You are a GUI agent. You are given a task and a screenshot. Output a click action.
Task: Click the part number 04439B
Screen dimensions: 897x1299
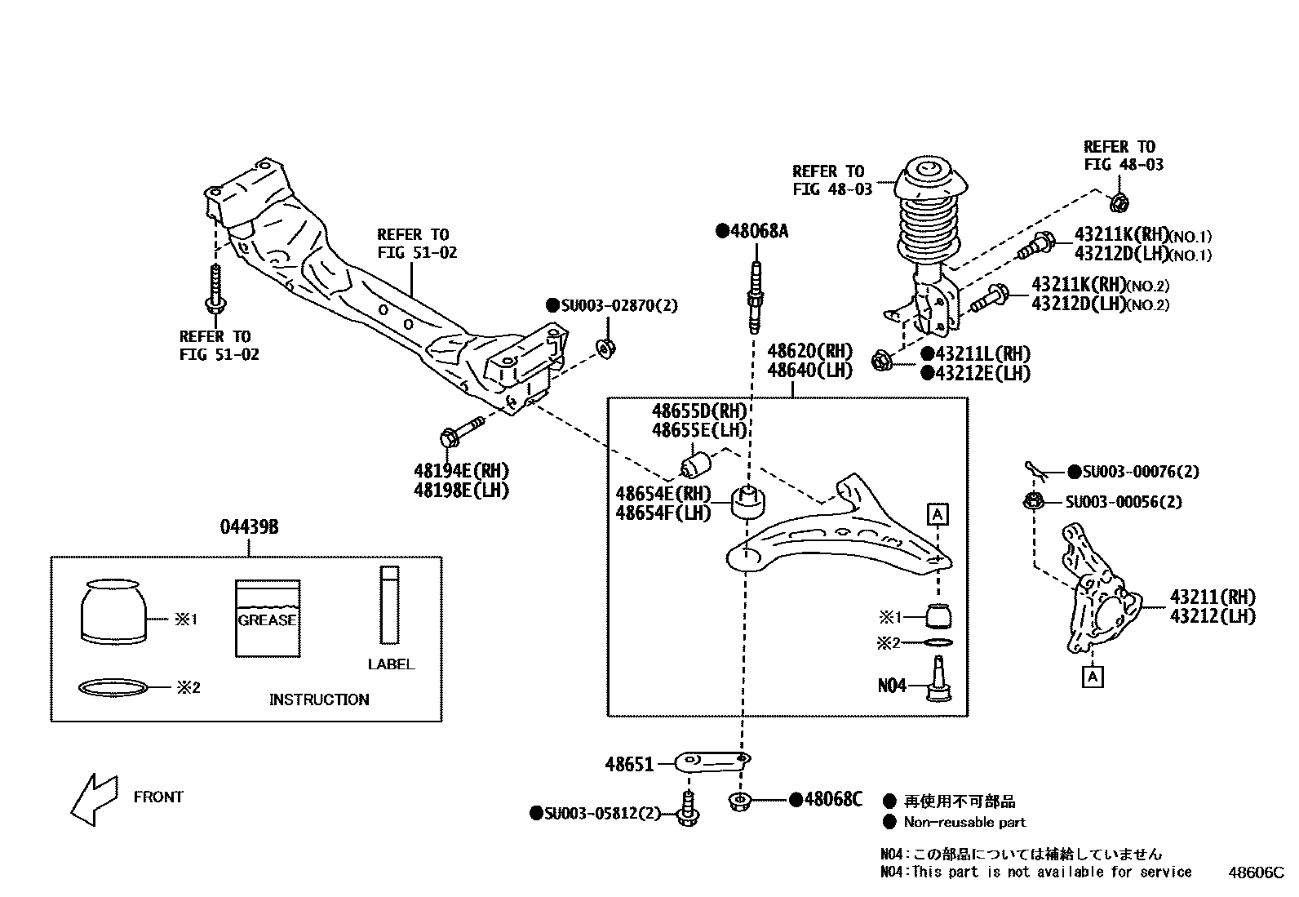[x=249, y=527]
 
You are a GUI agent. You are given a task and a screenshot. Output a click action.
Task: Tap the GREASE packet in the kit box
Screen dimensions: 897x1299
[x=267, y=618]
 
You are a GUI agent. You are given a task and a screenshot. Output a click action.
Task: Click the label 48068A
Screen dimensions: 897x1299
[x=752, y=231]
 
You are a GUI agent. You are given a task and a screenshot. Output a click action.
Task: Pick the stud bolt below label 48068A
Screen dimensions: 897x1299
[x=756, y=297]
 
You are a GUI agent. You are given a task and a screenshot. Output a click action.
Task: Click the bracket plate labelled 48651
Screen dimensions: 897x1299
[x=712, y=762]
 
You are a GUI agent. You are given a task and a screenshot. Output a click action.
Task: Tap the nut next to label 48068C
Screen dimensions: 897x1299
[x=739, y=801]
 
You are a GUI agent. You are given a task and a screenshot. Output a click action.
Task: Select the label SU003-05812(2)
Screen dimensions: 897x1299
[x=595, y=813]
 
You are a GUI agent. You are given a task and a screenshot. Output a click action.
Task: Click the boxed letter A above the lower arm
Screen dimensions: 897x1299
[x=938, y=514]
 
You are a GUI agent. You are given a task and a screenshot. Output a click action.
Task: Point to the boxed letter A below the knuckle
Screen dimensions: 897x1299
[x=1093, y=677]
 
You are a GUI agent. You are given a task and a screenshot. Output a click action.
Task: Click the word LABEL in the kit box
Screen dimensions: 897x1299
[x=390, y=664]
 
